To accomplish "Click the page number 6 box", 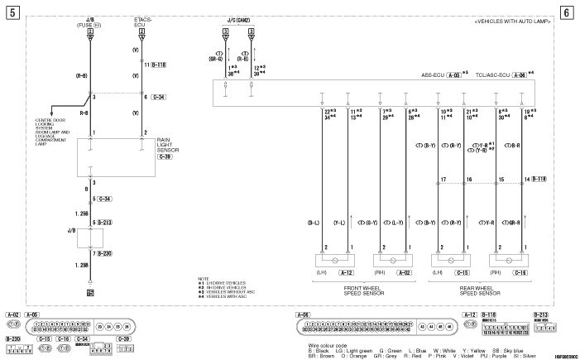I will coord(567,12).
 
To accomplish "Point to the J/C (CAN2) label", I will coord(237,20).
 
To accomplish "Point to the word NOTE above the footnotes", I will coord(204,278).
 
